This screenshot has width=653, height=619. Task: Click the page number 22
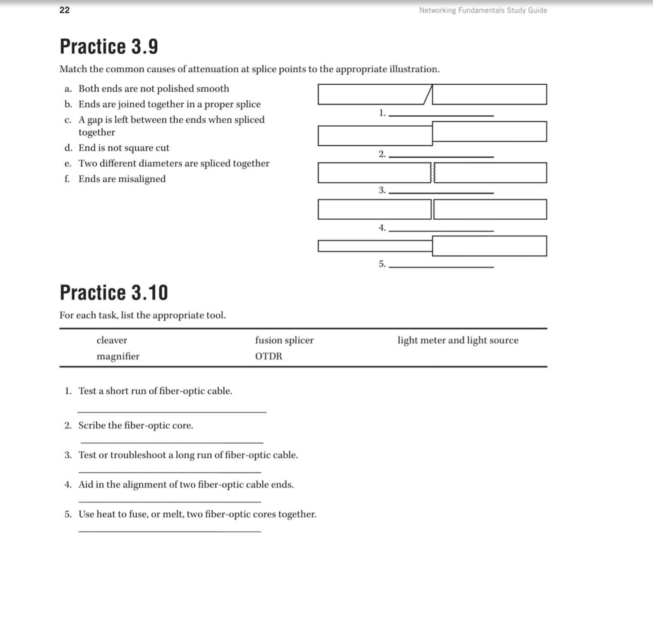click(64, 10)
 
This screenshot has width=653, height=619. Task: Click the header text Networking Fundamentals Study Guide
click(483, 10)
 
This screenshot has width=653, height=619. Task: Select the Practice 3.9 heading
click(109, 46)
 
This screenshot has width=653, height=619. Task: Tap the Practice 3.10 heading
click(113, 293)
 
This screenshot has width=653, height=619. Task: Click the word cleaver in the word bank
click(112, 340)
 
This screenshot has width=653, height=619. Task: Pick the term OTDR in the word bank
click(269, 356)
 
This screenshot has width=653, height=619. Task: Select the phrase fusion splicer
click(284, 340)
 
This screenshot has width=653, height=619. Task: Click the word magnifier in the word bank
click(118, 356)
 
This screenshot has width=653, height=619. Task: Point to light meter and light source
click(458, 340)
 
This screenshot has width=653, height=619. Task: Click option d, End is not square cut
click(124, 148)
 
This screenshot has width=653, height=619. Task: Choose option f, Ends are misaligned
click(122, 179)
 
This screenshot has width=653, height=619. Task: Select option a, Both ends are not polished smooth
click(153, 89)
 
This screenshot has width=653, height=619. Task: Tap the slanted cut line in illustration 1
click(428, 95)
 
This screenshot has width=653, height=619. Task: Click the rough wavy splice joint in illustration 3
click(432, 173)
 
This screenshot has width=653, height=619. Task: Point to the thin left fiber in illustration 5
click(375, 246)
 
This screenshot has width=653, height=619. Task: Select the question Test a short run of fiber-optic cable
click(155, 391)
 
